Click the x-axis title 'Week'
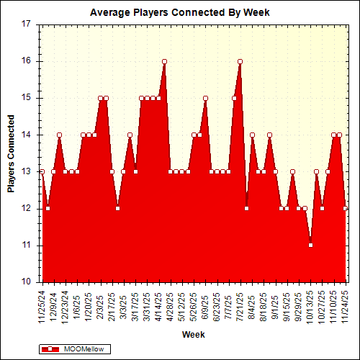point(193,335)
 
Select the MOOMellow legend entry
point(72,348)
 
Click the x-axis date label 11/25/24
point(42,303)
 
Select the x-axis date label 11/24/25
point(346,303)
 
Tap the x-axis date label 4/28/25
point(171,303)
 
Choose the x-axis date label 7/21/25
point(240,303)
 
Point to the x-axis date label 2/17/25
point(112,303)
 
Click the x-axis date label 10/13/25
point(310,303)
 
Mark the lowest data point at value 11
point(310,245)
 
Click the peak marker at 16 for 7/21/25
point(240,61)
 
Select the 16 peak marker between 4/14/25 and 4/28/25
point(165,61)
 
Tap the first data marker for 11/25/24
point(42,171)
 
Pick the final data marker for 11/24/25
point(346,208)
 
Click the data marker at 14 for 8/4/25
point(252,135)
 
